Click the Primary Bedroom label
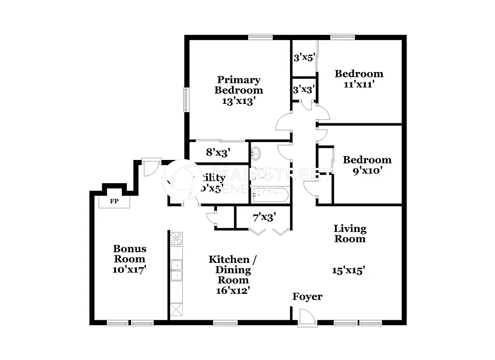pos(238,85)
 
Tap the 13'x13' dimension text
pos(238,101)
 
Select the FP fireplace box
pos(114,202)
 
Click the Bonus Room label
pos(130,254)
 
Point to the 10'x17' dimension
pos(130,269)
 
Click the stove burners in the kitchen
pos(176,238)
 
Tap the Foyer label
pos(307,297)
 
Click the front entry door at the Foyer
pos(306,318)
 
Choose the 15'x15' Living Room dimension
pos(348,271)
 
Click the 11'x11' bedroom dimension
pos(359,84)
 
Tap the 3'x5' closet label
pos(305,58)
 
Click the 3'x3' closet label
pos(305,89)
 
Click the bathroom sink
pos(255,154)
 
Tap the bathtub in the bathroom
pos(270,195)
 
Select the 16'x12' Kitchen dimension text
pos(233,290)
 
